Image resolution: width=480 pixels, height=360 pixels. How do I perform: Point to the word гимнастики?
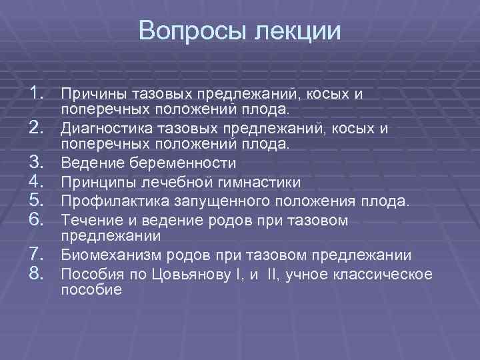pyautogui.click(x=265, y=182)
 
